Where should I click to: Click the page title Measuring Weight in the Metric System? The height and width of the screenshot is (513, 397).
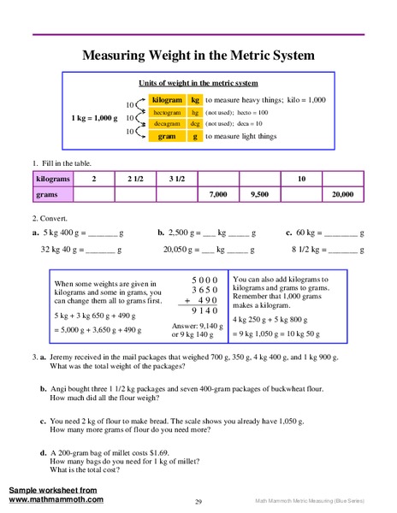pos(198,56)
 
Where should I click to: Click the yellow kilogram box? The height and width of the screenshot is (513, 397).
pos(167,100)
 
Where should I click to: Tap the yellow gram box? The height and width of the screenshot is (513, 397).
pos(167,136)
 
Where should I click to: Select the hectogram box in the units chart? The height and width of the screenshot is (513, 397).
pos(167,112)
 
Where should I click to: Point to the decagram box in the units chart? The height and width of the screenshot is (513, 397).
pos(167,124)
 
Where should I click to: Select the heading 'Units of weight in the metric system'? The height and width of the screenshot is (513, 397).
pos(198,83)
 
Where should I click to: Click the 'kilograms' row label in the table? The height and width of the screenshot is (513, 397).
pos(53,179)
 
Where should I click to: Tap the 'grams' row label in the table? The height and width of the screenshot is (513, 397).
pos(46,195)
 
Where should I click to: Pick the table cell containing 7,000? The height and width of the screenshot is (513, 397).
pos(218,195)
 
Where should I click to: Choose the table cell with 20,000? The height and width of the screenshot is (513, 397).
pos(342,195)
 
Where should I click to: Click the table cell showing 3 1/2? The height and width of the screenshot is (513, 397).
pos(176,179)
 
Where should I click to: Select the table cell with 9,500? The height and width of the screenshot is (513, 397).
pos(259,195)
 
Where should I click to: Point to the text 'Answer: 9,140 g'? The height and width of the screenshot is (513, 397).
pos(201,325)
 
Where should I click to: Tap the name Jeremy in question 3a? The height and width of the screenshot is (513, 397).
pos(67,355)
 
